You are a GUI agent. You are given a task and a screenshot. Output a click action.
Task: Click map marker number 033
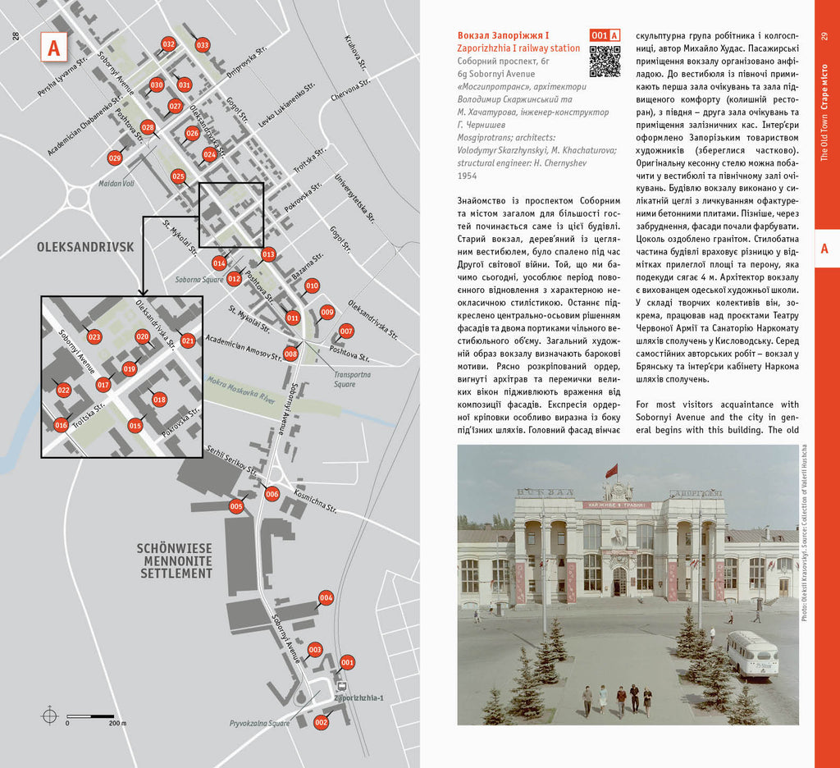202,45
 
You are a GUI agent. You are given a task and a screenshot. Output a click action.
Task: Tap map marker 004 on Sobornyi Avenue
326,598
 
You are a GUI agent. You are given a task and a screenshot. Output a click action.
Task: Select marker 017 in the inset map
103,384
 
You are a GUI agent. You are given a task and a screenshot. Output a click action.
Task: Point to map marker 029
115,158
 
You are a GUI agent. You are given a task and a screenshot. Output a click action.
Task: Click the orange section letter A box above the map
53,48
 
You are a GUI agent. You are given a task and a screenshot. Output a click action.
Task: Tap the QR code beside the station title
605,61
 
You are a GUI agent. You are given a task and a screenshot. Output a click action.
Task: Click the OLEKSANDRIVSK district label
74,245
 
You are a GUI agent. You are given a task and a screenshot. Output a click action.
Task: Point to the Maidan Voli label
116,182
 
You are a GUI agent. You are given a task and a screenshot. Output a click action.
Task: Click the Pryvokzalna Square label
261,724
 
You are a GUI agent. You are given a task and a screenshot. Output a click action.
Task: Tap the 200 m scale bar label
116,723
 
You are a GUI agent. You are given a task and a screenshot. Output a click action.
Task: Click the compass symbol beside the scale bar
50,715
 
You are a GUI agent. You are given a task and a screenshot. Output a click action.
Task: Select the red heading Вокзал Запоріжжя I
503,35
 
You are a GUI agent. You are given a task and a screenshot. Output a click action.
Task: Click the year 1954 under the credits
467,176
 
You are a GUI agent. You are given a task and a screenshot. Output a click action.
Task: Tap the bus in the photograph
751,654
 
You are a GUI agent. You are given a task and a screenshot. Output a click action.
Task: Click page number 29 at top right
824,36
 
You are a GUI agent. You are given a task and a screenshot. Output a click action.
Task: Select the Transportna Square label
351,379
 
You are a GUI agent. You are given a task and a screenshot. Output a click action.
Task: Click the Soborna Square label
199,280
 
